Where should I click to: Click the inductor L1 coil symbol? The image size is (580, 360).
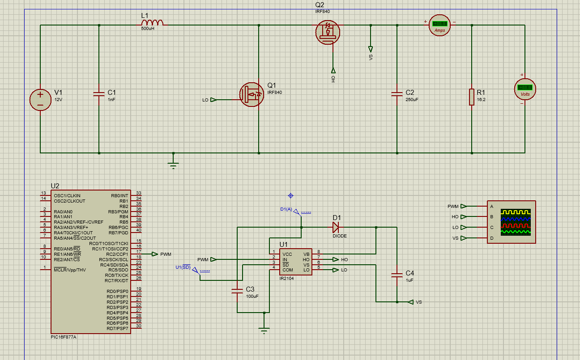153,23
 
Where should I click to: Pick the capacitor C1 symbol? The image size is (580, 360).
99,94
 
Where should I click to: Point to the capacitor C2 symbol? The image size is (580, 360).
397,94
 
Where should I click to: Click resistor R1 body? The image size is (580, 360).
471,97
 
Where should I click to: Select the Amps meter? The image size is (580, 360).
439,25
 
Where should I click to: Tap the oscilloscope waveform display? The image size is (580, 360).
516,222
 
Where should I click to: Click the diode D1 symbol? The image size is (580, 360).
336,227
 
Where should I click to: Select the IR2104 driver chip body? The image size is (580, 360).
295,262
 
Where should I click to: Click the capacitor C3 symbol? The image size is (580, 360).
237,291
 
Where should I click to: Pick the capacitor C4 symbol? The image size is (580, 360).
397,275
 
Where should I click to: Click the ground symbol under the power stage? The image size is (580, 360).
173,164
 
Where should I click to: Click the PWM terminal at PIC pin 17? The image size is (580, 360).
155,254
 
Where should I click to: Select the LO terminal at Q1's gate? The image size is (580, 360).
213,100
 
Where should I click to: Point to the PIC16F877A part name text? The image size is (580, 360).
64,337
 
